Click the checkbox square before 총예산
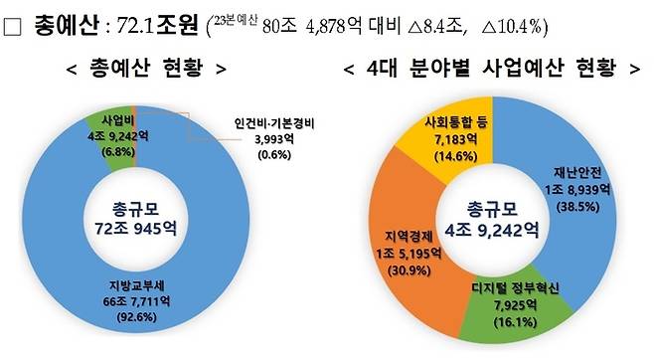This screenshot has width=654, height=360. (13, 22)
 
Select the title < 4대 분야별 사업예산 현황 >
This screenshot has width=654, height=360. (490, 69)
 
